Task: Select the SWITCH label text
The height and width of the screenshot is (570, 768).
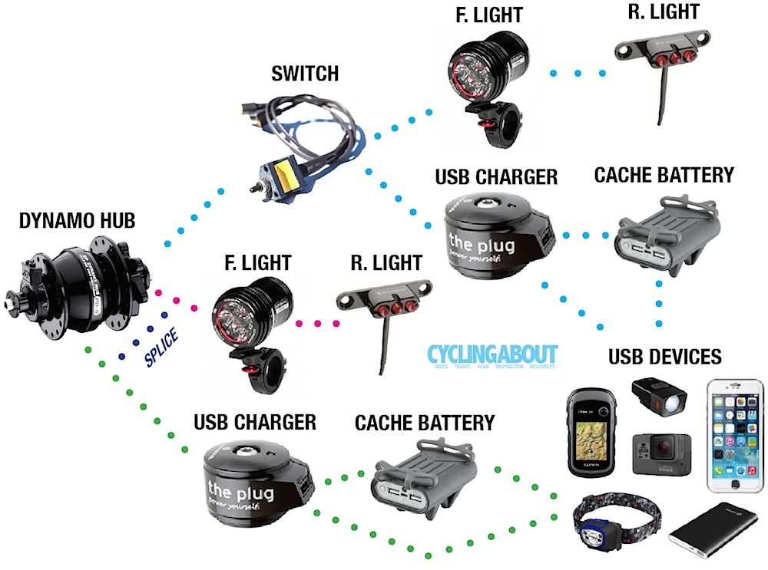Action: click(x=305, y=74)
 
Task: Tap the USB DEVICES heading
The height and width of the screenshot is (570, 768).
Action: click(x=665, y=357)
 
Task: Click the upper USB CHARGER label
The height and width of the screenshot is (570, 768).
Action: click(x=496, y=177)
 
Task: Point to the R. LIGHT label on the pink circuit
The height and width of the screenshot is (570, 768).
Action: click(x=386, y=262)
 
